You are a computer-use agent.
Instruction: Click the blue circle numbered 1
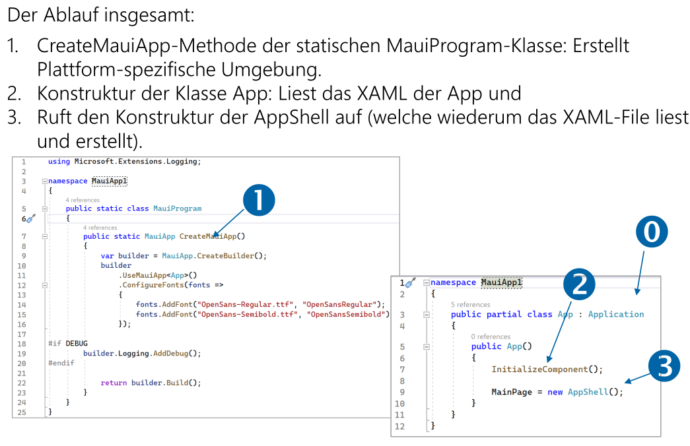click(259, 200)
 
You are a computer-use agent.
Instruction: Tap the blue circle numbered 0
click(651, 233)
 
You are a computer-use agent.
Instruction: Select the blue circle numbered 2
click(579, 284)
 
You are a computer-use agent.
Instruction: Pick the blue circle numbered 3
click(664, 366)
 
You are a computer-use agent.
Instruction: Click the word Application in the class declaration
click(616, 314)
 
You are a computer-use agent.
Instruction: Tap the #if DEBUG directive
click(68, 343)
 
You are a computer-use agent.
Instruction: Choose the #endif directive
click(61, 363)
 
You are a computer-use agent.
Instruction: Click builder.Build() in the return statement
click(166, 383)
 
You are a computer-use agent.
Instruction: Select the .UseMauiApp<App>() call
click(158, 275)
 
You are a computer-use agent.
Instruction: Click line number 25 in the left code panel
click(22, 412)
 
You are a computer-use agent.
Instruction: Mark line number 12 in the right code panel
click(399, 426)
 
